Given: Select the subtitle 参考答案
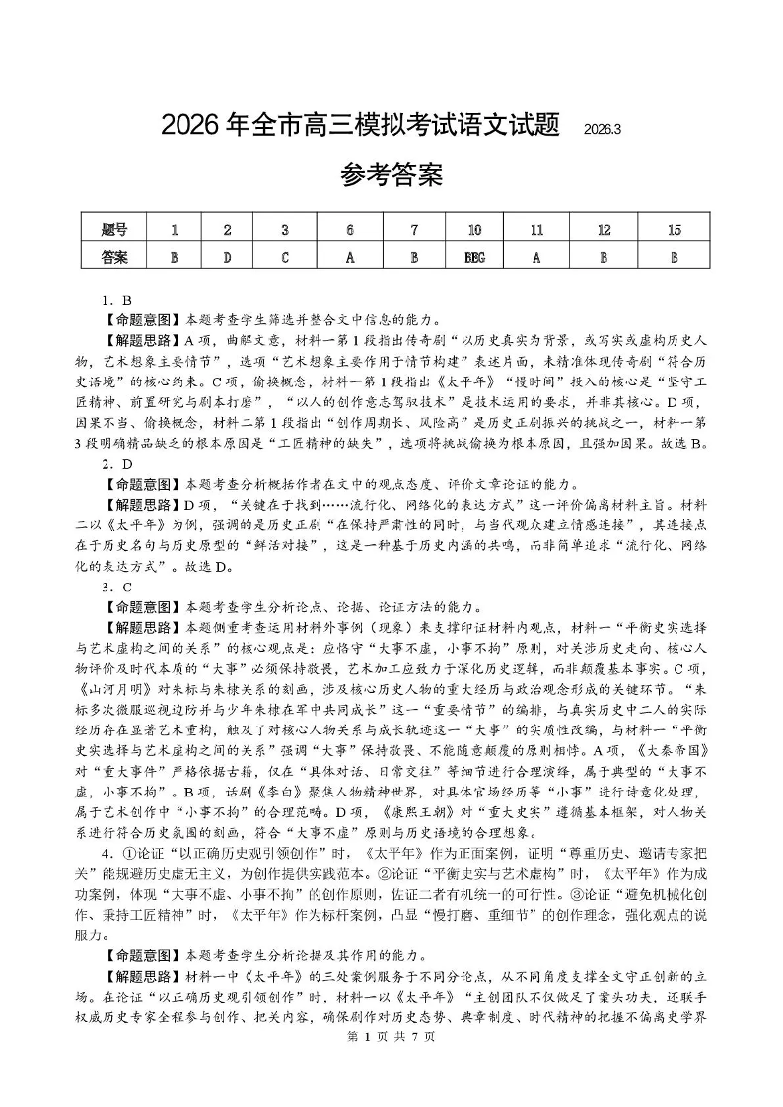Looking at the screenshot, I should point(391,176).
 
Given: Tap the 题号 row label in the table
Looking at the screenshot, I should point(114,230).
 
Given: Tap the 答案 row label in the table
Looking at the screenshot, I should point(114,257).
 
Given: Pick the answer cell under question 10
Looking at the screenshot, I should point(474,257).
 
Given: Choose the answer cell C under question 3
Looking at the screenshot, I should point(285,257).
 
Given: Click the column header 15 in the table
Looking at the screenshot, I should point(675,230).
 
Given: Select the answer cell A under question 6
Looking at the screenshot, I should point(350,257).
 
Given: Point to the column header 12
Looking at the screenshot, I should point(605,230).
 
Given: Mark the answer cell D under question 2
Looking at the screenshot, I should point(228,257).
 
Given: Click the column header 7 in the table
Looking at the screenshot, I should point(414,230).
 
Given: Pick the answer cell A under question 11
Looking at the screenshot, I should point(537,257).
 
